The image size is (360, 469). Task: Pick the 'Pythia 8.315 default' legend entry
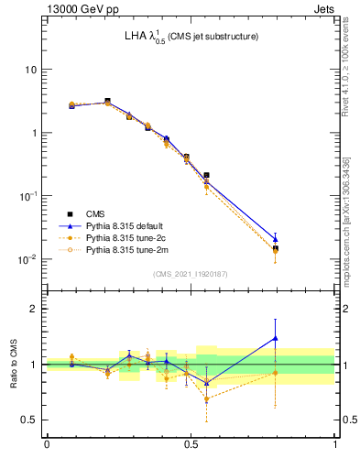tap(128, 225)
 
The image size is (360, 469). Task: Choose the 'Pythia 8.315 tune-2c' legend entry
tap(129, 237)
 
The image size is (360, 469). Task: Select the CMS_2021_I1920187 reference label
tap(191, 274)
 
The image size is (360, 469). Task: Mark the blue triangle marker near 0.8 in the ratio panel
tap(275, 339)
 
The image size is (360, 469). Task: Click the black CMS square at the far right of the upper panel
tap(275, 248)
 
